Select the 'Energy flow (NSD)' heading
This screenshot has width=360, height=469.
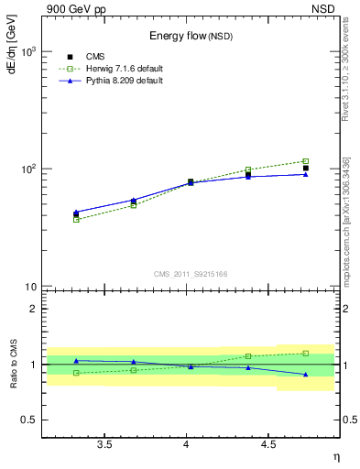click(191, 37)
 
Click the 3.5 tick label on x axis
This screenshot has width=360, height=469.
click(104, 445)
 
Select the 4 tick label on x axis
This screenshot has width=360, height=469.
click(187, 445)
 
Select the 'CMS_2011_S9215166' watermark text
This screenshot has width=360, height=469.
click(190, 274)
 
